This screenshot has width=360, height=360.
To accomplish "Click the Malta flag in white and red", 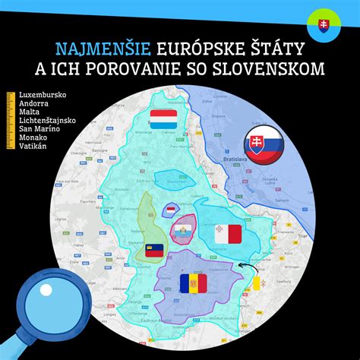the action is [227, 235].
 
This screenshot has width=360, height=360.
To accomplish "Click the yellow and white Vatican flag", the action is [257, 285].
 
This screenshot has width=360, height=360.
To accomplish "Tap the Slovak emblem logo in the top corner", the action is [323, 24].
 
